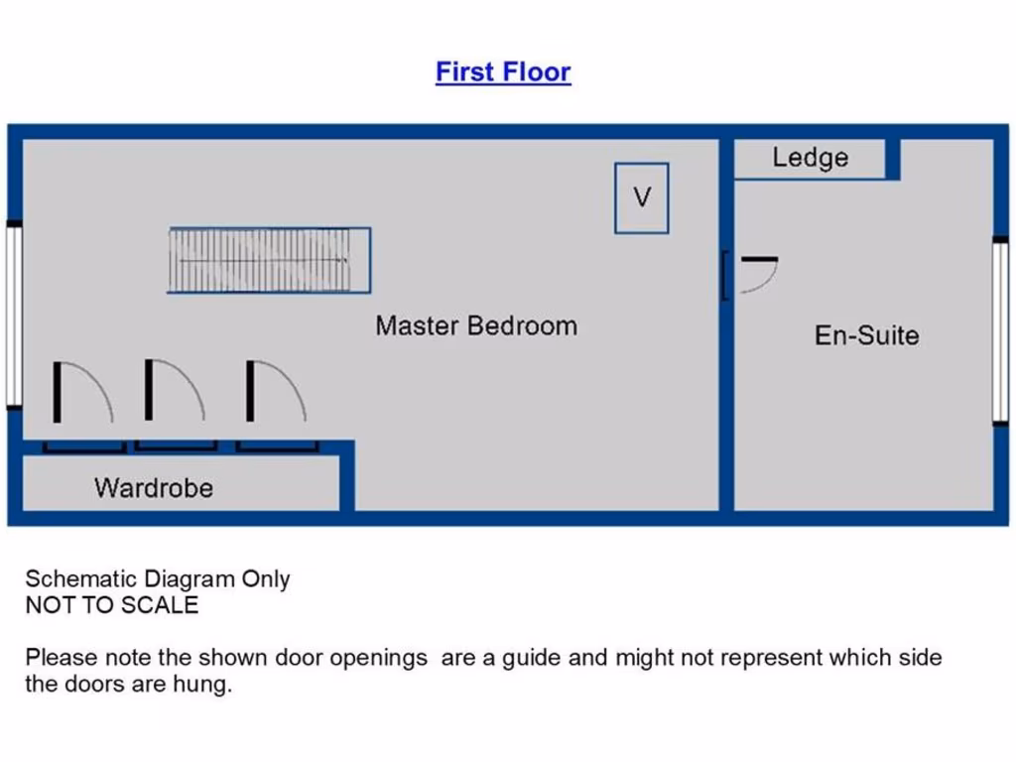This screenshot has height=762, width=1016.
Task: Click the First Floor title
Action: pyautogui.click(x=503, y=72)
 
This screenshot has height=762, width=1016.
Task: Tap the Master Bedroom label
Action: pyautogui.click(x=476, y=325)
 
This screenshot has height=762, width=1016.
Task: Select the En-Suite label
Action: pyautogui.click(x=866, y=335)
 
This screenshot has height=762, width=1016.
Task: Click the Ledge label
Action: pyautogui.click(x=810, y=158)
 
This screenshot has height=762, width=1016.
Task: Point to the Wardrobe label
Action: pyautogui.click(x=154, y=487)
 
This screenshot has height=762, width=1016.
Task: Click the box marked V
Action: pyautogui.click(x=641, y=197)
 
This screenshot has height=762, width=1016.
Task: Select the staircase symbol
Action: pyautogui.click(x=268, y=260)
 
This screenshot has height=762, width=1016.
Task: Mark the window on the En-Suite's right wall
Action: pyautogui.click(x=1000, y=330)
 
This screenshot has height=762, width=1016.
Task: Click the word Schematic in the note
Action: pyautogui.click(x=81, y=579)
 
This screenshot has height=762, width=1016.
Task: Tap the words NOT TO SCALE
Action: pyautogui.click(x=111, y=605)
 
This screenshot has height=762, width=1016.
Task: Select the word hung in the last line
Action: pyautogui.click(x=206, y=684)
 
